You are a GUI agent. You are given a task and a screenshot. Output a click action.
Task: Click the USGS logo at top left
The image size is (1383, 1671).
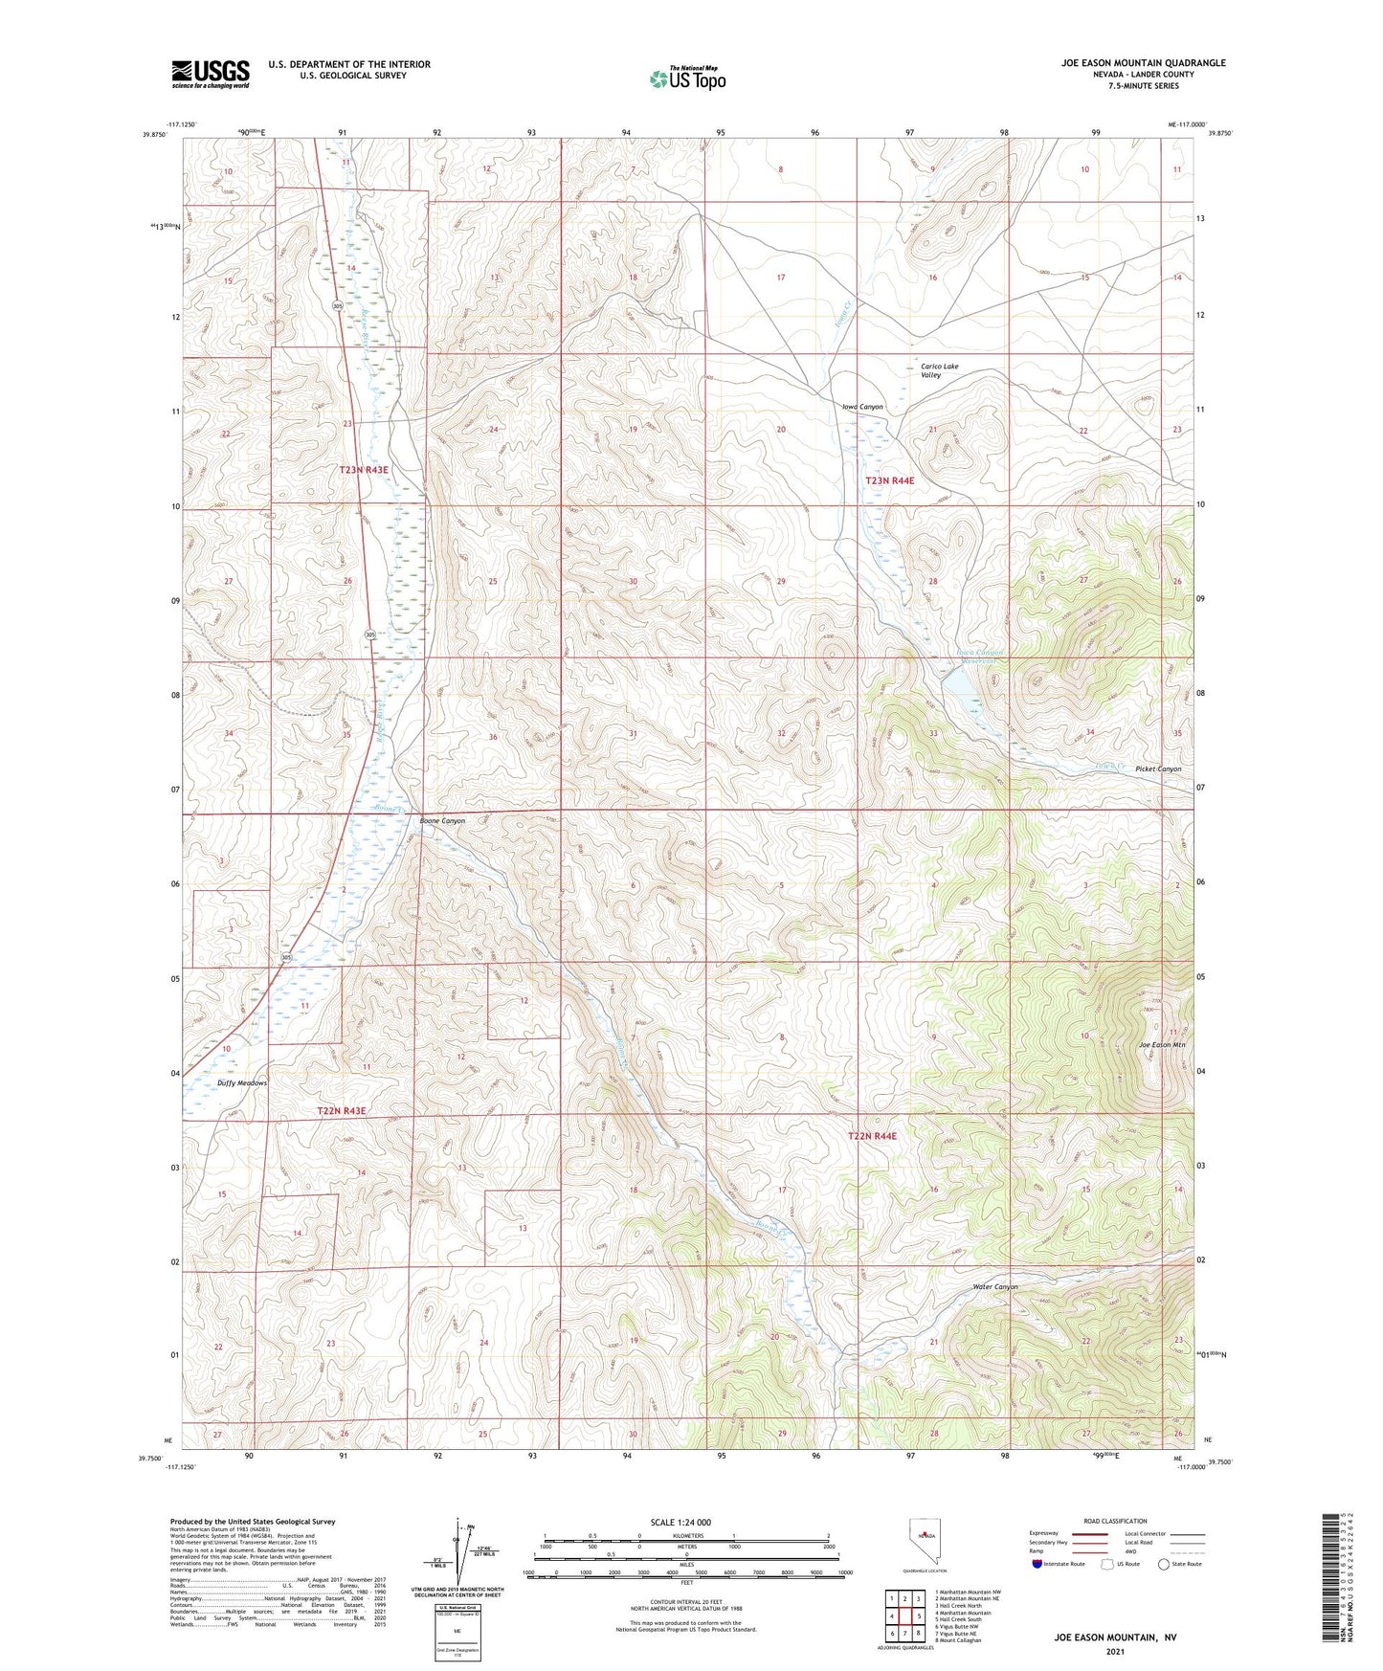click(x=211, y=73)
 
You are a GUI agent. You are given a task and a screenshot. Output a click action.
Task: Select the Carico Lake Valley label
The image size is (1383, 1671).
click(x=938, y=370)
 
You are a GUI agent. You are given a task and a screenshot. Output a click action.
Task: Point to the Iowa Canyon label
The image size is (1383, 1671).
click(x=862, y=407)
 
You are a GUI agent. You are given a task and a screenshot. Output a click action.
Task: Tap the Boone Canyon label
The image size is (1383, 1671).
click(x=442, y=821)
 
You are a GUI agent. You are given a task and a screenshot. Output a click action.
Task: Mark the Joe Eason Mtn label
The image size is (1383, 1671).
click(x=1161, y=1044)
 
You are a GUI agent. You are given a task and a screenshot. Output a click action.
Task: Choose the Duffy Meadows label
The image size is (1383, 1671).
click(x=242, y=1082)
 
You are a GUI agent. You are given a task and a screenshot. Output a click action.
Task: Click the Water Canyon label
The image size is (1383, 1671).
click(x=994, y=1286)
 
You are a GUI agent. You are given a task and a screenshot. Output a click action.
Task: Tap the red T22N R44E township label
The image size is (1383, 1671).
click(x=872, y=1135)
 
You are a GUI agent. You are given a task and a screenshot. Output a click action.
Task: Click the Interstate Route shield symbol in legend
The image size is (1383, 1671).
click(x=1039, y=1564)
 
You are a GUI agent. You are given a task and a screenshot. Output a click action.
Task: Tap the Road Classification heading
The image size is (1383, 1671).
click(x=1116, y=1521)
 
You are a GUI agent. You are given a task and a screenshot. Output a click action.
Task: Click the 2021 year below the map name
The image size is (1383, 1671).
click(x=1115, y=1651)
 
